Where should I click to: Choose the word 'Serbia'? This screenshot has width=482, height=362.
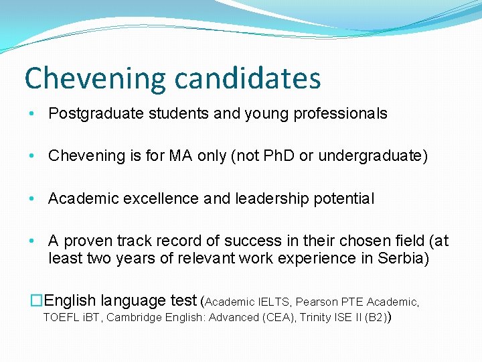click(x=402, y=258)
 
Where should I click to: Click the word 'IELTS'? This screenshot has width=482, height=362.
click(x=274, y=302)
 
